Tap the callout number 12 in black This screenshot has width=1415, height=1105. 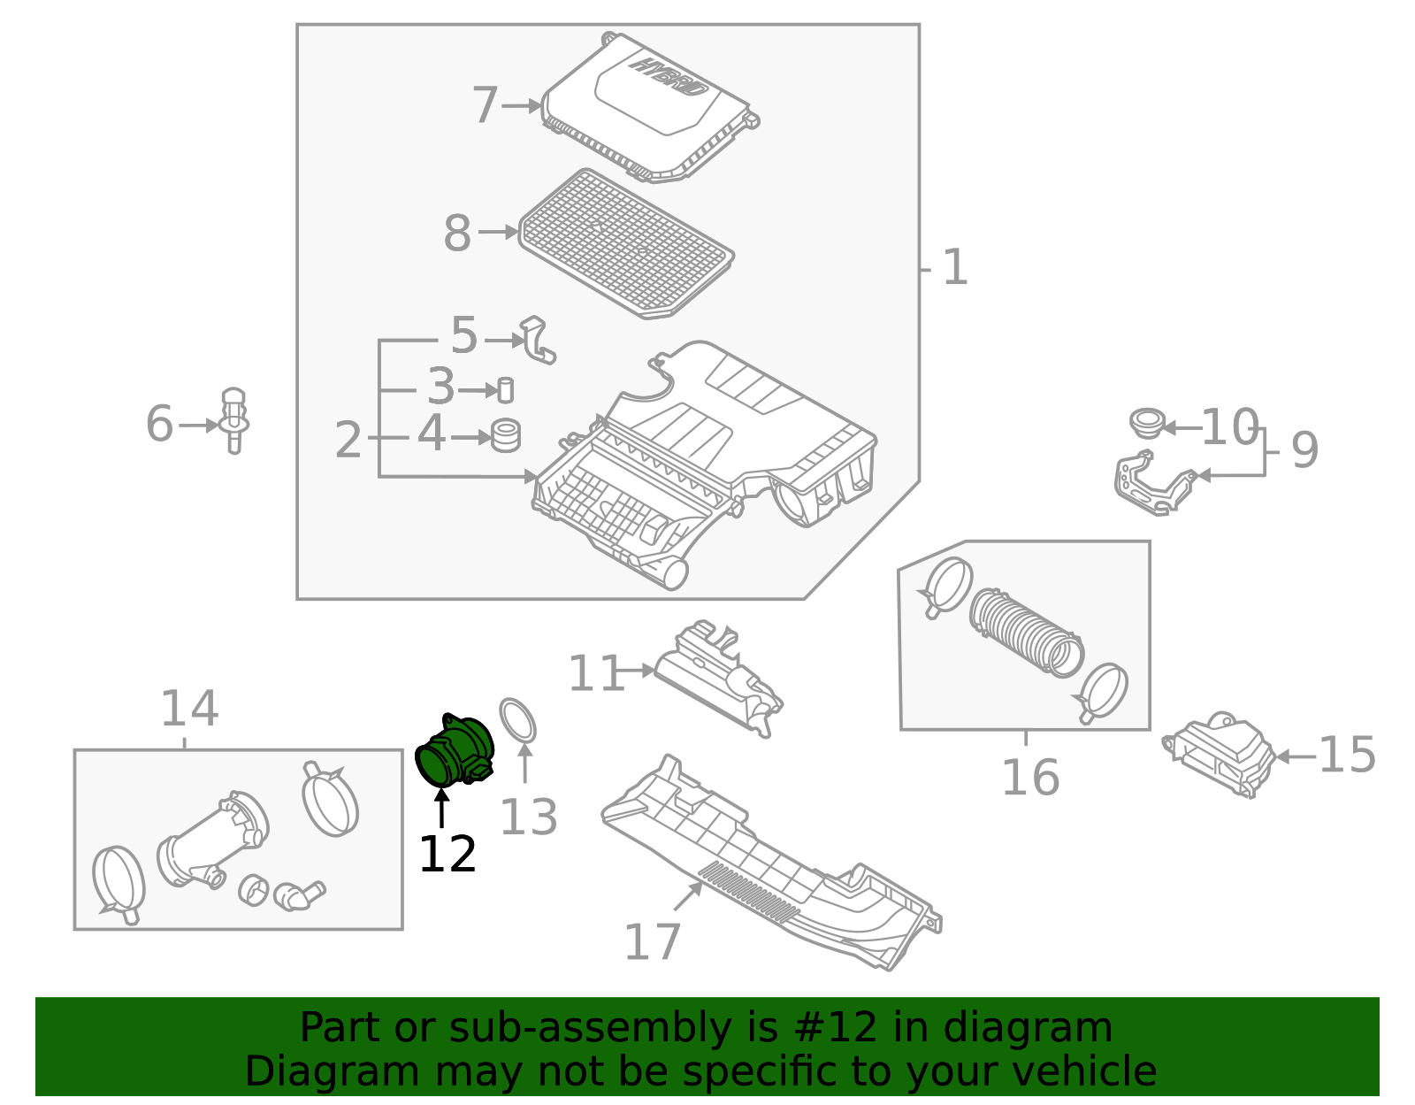(447, 855)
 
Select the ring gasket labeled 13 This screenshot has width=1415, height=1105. (518, 720)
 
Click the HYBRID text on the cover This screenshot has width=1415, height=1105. (669, 77)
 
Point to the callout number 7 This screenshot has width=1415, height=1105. (486, 105)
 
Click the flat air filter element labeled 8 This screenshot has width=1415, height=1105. (626, 243)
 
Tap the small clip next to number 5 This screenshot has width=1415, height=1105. (538, 341)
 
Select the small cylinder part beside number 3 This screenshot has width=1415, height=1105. (505, 389)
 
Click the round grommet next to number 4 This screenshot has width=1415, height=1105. (506, 435)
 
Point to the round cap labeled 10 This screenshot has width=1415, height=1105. (1147, 422)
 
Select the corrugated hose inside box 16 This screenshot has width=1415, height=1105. (1026, 630)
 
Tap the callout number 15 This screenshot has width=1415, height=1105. (1346, 755)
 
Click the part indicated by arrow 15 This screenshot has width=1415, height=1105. (1220, 755)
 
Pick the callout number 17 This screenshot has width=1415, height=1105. (652, 942)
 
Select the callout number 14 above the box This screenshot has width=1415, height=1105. (188, 709)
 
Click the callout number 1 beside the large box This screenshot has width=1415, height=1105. (955, 267)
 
